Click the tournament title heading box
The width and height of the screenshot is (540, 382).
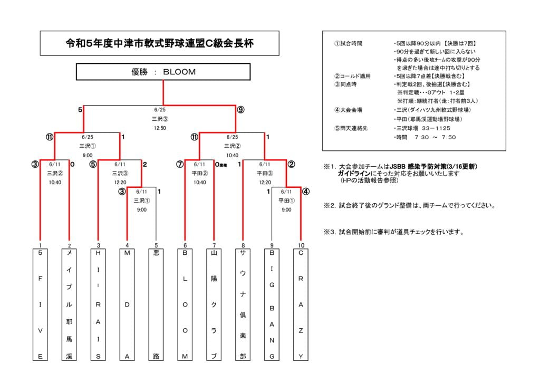click(x=159, y=43)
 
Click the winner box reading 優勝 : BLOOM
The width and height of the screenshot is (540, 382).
click(x=163, y=72)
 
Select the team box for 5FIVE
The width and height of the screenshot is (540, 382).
click(x=40, y=305)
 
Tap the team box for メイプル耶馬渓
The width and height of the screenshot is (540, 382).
click(x=69, y=305)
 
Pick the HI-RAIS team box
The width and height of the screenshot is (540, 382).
click(x=98, y=305)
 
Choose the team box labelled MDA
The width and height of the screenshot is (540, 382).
click(x=127, y=305)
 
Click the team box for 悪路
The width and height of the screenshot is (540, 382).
click(x=156, y=305)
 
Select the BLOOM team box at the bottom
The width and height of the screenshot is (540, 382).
click(x=185, y=305)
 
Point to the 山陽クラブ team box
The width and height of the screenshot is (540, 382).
click(x=214, y=305)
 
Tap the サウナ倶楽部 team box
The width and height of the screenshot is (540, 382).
click(x=243, y=305)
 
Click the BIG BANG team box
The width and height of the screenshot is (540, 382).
click(x=272, y=305)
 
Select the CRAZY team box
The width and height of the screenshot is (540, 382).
click(x=301, y=305)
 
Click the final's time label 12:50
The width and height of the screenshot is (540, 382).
click(x=160, y=128)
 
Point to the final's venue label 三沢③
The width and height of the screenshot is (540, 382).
click(x=160, y=119)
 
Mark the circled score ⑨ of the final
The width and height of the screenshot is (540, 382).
click(x=240, y=110)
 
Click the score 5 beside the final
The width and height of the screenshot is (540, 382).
click(x=80, y=110)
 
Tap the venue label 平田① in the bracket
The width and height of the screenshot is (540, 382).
click(x=286, y=200)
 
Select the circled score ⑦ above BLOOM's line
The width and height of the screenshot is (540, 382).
click(x=180, y=164)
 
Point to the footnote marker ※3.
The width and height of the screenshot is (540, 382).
click(x=330, y=232)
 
